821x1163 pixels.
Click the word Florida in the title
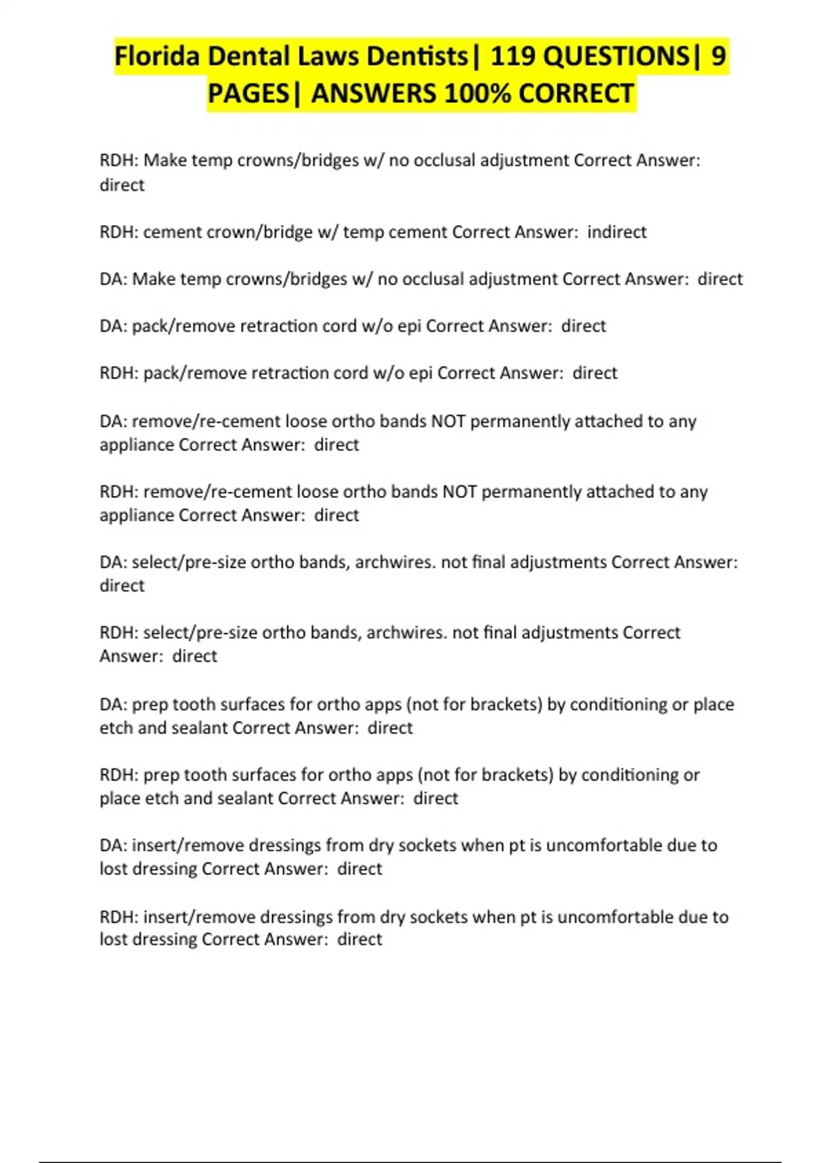coord(157,56)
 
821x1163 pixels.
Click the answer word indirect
coord(616,232)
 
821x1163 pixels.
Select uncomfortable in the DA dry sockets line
coord(604,845)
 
